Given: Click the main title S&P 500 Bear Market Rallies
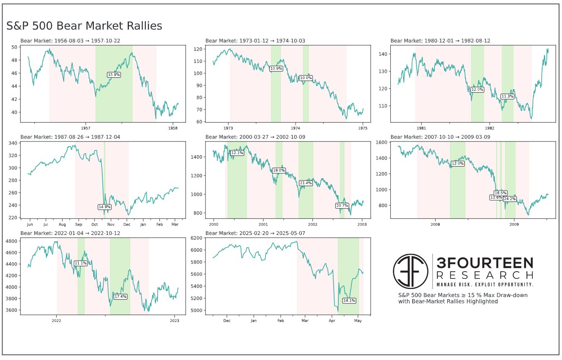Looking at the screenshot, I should (84, 26).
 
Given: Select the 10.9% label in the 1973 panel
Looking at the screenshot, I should (276, 68).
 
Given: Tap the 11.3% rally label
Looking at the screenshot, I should (507, 96).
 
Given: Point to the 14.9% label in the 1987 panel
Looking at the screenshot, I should (104, 207).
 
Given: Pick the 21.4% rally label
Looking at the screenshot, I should (305, 183).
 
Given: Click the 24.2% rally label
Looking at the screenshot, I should (510, 199).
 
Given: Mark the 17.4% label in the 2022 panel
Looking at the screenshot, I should (121, 297).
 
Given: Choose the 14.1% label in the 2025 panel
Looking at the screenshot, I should (349, 300).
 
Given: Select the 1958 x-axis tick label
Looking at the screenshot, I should (173, 127).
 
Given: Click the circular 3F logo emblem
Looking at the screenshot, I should (411, 271).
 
